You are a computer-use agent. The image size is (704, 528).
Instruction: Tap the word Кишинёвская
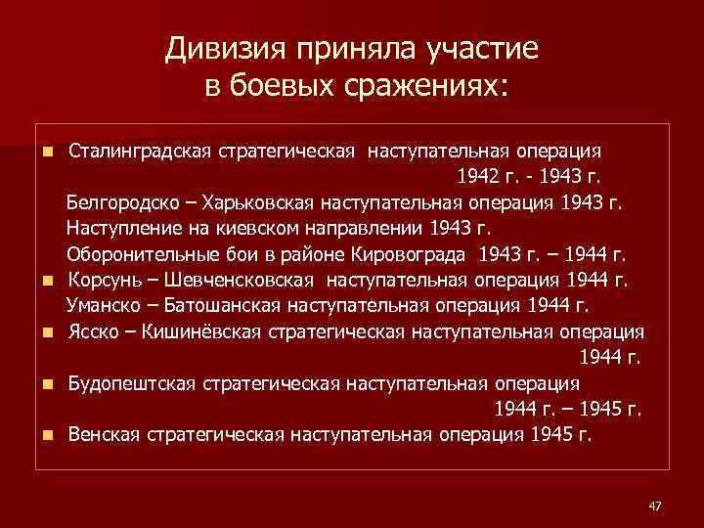coord(200,331)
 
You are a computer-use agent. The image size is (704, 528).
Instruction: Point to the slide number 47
coord(655,505)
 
